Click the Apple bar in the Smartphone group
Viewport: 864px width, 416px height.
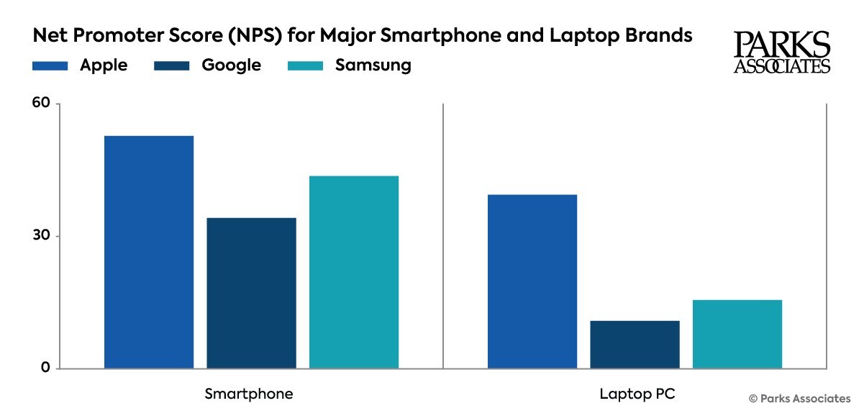(x=149, y=252)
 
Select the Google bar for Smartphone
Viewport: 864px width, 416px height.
(x=251, y=293)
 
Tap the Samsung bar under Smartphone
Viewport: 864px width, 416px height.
(x=354, y=272)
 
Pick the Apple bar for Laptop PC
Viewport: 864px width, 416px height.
(x=532, y=281)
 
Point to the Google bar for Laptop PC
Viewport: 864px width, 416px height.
(x=635, y=345)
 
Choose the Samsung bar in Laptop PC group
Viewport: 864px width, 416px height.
(x=737, y=334)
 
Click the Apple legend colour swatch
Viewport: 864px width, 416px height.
(x=50, y=65)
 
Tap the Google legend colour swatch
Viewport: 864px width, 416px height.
(x=172, y=65)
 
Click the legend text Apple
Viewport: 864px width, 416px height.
(x=104, y=65)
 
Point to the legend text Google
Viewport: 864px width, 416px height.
(x=231, y=65)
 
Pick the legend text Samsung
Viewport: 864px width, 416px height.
(x=373, y=65)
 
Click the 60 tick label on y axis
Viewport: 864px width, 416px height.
(x=42, y=104)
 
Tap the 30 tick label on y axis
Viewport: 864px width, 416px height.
(x=42, y=236)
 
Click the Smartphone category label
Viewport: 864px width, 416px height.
(x=249, y=394)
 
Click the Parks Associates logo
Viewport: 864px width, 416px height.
(x=781, y=53)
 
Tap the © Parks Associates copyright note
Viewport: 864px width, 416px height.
(x=799, y=398)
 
